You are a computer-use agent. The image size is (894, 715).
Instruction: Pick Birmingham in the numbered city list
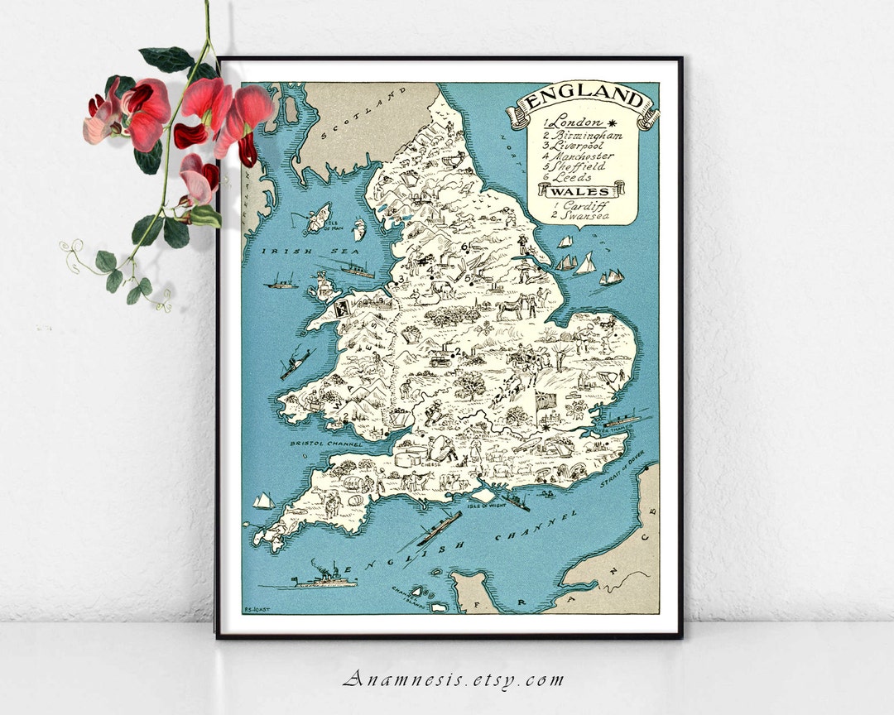pos(582,135)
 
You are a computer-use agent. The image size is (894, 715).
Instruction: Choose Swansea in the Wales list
pos(577,215)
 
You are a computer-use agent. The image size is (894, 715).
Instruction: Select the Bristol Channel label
pos(327,444)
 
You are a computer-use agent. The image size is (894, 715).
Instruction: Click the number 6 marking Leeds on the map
pos(464,246)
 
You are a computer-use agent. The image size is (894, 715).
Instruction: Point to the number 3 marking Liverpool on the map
pos(401,279)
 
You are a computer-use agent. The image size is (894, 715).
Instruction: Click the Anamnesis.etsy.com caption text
pos(453,680)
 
